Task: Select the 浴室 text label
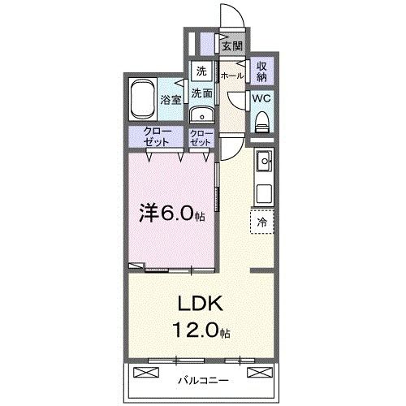click(x=171, y=101)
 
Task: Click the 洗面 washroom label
click(x=201, y=93)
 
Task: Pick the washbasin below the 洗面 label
click(x=201, y=114)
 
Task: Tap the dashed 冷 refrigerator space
click(x=263, y=219)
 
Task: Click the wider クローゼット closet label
click(x=158, y=136)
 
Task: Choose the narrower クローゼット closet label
click(x=201, y=136)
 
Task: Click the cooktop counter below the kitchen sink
click(x=264, y=194)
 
